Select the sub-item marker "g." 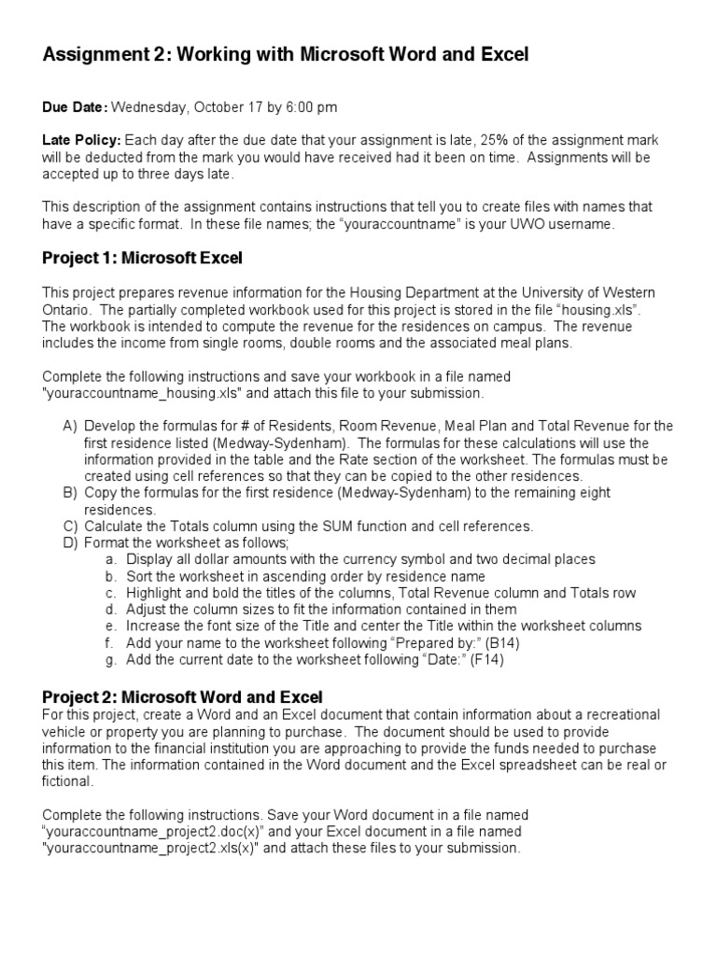pos(110,659)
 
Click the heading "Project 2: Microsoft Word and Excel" pos(183,696)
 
